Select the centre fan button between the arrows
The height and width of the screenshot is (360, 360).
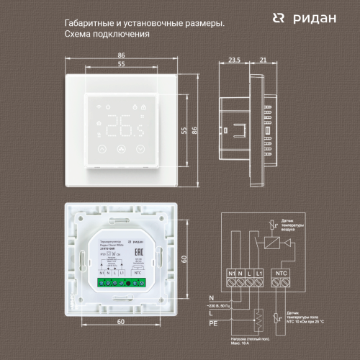[120, 150]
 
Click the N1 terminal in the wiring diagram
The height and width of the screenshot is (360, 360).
[231, 274]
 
